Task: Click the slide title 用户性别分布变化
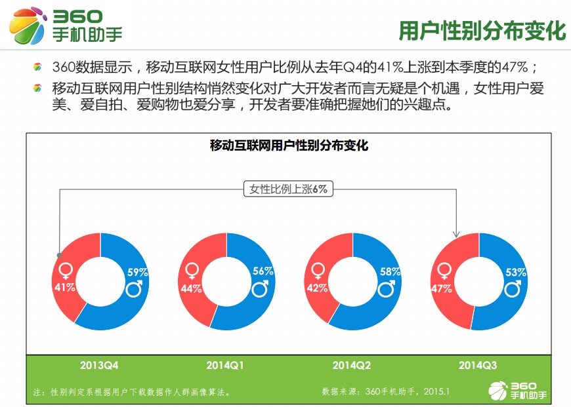coord(482,31)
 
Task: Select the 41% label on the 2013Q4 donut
coord(64,287)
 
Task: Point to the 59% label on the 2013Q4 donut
coord(137,271)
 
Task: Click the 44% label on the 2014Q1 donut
coord(191,288)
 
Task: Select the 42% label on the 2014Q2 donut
coord(317,288)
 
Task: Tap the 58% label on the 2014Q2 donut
coord(389,271)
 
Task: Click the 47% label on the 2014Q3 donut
coord(441,288)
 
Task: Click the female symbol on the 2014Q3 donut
coord(443,270)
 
